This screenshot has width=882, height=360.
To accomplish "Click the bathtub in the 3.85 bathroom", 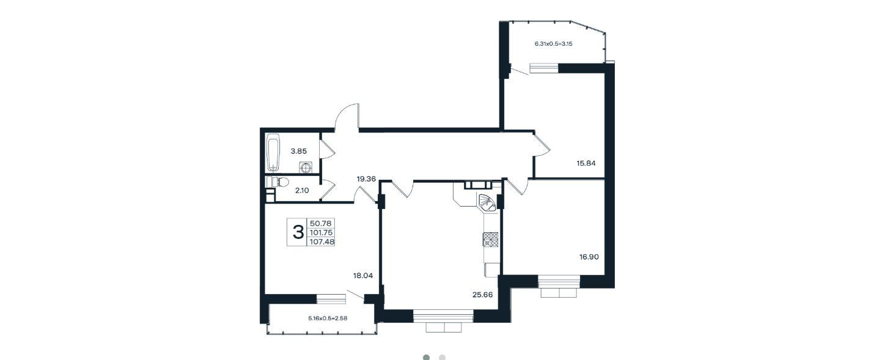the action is pyautogui.click(x=273, y=153).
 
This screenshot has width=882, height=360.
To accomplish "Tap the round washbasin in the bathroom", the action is pyautogui.click(x=306, y=167).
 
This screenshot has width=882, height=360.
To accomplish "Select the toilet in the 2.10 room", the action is pyautogui.click(x=278, y=182).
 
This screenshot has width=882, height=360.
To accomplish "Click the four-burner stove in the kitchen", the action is pyautogui.click(x=491, y=240).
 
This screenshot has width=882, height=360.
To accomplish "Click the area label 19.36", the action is pyautogui.click(x=366, y=179).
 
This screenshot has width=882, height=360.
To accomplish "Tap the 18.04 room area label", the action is pyautogui.click(x=362, y=276).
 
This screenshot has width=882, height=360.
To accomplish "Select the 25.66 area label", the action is pyautogui.click(x=482, y=295).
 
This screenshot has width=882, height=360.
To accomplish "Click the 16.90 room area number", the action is pyautogui.click(x=589, y=257).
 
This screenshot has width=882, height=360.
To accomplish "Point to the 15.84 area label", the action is pyautogui.click(x=586, y=163).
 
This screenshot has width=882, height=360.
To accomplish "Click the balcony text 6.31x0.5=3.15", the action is pyautogui.click(x=553, y=44).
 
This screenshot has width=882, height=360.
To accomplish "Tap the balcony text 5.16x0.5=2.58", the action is pyautogui.click(x=328, y=318).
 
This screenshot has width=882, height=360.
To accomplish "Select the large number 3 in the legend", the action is pyautogui.click(x=298, y=232).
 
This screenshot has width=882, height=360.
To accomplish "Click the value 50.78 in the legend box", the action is pyautogui.click(x=320, y=223).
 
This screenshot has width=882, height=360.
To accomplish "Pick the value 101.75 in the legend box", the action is pyautogui.click(x=322, y=232).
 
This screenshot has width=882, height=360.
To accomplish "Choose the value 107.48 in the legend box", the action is pyautogui.click(x=322, y=242).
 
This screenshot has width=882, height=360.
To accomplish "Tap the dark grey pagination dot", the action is pyautogui.click(x=426, y=357).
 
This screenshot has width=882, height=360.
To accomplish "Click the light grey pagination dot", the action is pyautogui.click(x=442, y=357).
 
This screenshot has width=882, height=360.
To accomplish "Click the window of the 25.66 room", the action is pyautogui.click(x=443, y=316).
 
